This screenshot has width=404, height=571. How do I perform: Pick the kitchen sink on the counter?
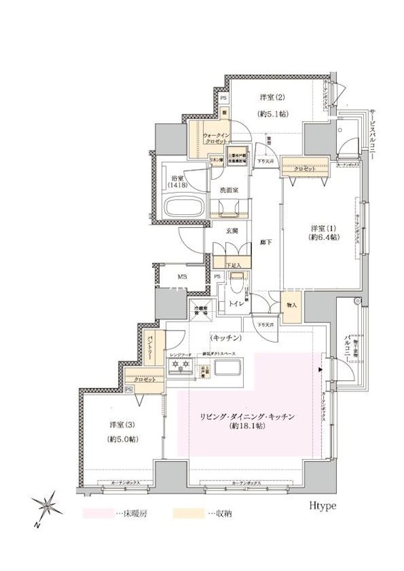[227, 368]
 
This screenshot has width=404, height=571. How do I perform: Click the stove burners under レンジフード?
[179, 366]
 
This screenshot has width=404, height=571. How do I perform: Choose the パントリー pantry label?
[152, 350]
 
